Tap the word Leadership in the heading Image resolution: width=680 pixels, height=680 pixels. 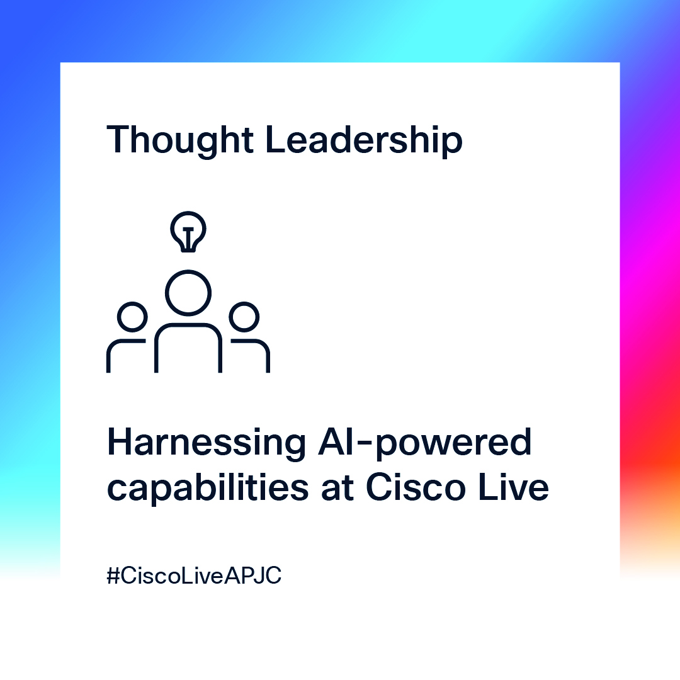pyautogui.click(x=363, y=140)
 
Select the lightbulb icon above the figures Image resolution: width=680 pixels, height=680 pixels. pyautogui.click(x=188, y=230)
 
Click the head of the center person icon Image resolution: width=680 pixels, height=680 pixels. pyautogui.click(x=188, y=293)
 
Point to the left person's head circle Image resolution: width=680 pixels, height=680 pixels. pyautogui.click(x=132, y=317)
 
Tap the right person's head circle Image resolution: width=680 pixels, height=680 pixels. pyautogui.click(x=243, y=317)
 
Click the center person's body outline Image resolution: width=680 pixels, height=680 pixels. pyautogui.click(x=188, y=346)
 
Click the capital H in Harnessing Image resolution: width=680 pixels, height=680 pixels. pyautogui.click(x=120, y=443)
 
